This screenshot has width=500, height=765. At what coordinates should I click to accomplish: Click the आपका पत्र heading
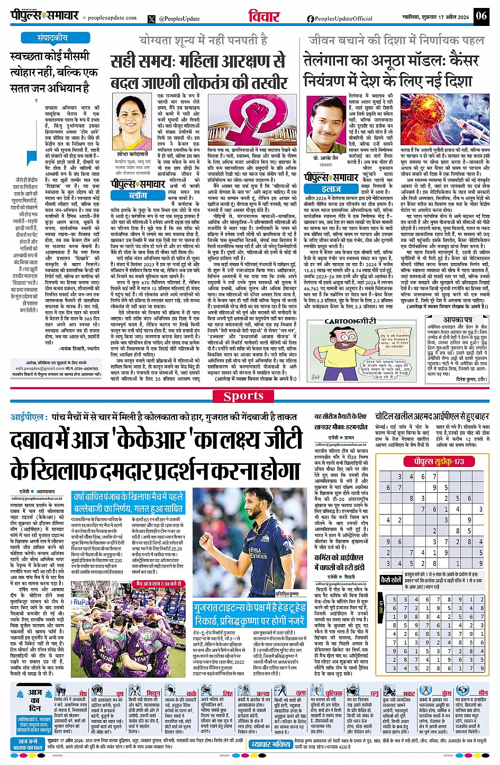click(458, 320)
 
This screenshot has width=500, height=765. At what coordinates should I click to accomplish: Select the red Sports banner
click(243, 396)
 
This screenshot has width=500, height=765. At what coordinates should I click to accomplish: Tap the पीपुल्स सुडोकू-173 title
click(439, 462)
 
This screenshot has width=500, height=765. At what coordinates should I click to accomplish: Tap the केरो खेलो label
click(391, 580)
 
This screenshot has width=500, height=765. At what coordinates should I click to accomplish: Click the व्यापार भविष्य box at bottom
click(271, 744)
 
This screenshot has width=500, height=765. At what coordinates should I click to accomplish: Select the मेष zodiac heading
click(83, 693)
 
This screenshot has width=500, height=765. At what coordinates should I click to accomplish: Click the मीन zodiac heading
click(483, 692)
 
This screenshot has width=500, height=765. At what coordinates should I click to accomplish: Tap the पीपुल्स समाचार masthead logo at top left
click(46, 16)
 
